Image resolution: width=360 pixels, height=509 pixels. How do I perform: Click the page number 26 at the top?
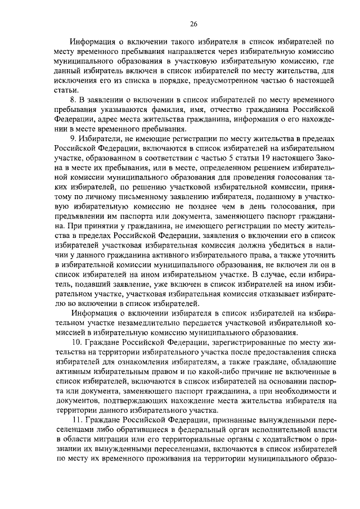(x=193, y=24)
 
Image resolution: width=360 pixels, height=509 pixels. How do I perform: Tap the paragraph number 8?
(x=80, y=99)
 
